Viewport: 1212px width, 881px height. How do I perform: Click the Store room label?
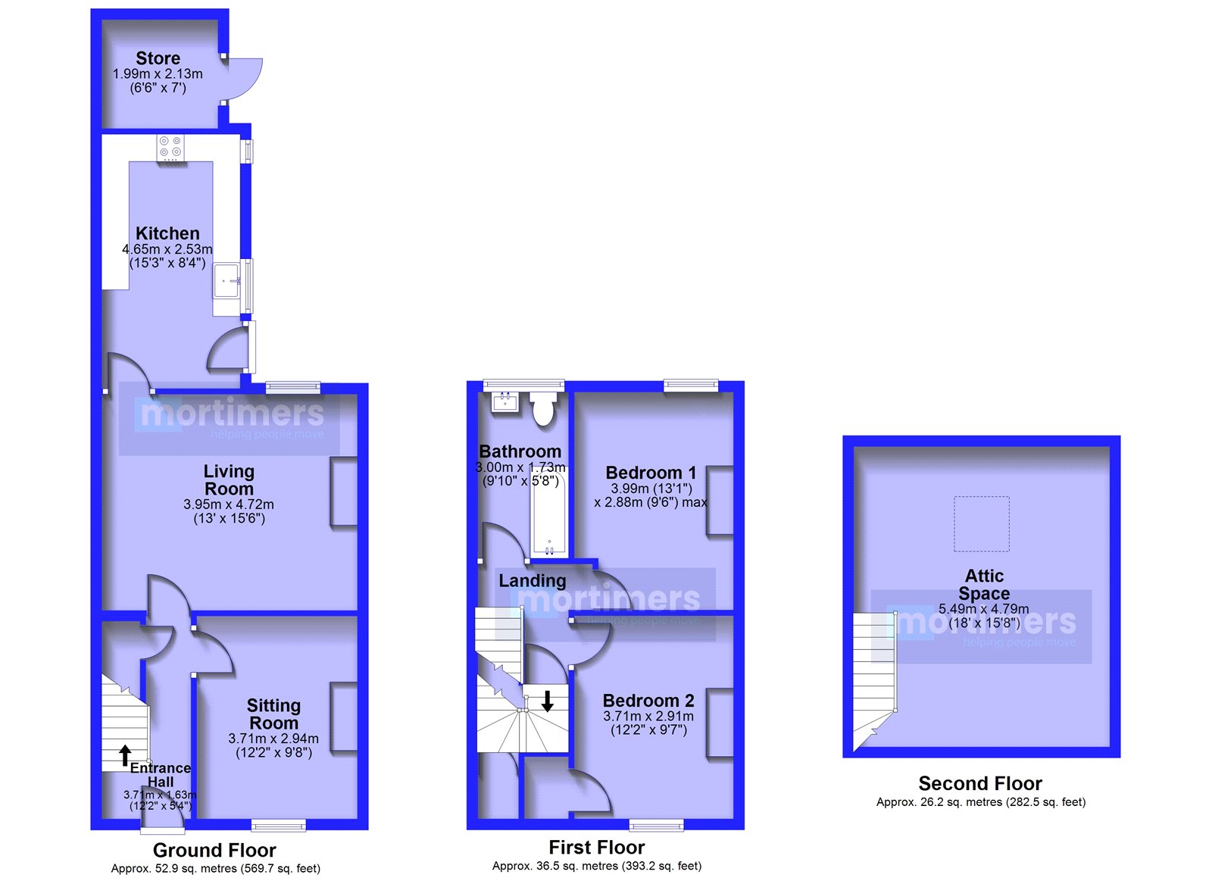coord(158,58)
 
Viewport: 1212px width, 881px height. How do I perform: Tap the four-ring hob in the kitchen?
coord(170,148)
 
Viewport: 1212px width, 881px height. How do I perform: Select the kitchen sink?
coord(226,280)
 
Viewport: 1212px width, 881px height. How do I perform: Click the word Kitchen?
coord(167,233)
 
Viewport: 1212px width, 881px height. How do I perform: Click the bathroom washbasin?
coord(504,401)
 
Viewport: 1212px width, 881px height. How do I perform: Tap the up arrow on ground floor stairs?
coord(125,755)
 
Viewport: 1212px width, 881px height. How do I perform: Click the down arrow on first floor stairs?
coord(548,701)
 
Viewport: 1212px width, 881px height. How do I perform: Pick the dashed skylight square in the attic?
coord(982,524)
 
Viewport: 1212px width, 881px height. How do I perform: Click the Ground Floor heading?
coord(214,850)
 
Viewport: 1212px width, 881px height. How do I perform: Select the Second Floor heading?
coord(980,783)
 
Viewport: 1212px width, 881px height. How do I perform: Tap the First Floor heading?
coord(597,847)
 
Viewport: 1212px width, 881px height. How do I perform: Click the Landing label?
coord(533,581)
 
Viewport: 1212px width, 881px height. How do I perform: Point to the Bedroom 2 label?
coord(648,701)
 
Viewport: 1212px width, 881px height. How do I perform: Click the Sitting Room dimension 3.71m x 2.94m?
coord(273,739)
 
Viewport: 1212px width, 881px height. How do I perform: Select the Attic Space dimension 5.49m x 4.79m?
coord(984,609)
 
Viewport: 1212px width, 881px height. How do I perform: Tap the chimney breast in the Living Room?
coord(344,492)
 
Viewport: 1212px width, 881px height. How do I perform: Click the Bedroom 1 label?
coord(651,473)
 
